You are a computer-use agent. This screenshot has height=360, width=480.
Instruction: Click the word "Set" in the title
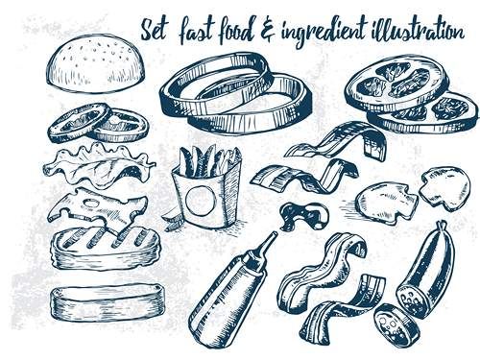point(154,32)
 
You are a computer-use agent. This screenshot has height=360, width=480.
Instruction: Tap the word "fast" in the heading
point(195,31)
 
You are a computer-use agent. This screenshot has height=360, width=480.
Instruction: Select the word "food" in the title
point(237,31)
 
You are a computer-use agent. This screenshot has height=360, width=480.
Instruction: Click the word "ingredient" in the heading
point(324,32)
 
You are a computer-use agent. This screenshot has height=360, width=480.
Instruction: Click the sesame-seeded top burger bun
point(95,63)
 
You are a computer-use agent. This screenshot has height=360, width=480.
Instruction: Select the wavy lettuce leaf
point(99,165)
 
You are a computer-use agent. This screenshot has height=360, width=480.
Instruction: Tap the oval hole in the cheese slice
point(91,203)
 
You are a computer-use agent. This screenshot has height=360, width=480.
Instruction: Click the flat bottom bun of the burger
point(108,302)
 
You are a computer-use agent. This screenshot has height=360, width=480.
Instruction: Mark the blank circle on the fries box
point(201,200)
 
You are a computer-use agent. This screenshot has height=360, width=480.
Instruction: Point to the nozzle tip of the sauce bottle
point(275,234)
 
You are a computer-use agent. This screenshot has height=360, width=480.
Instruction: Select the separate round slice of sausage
point(396,325)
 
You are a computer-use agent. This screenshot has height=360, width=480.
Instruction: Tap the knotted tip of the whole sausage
point(443,224)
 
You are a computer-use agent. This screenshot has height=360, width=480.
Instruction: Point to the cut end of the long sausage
point(412,300)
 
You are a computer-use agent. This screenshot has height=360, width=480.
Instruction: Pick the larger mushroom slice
point(387,203)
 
